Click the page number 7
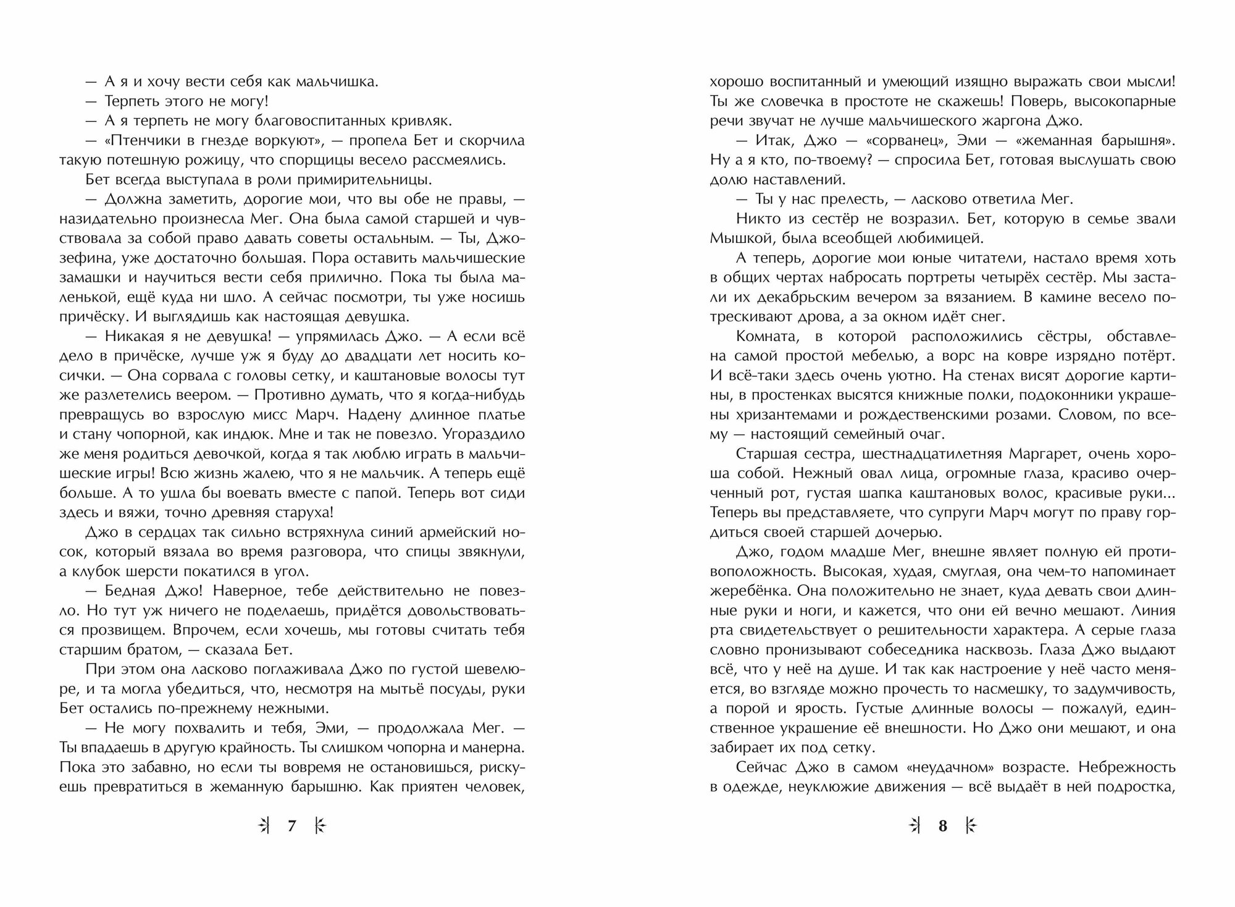coord(292,825)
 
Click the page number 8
coord(942,825)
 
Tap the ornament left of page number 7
coord(264,825)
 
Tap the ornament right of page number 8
coord(971,825)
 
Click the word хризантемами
coord(764,415)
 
